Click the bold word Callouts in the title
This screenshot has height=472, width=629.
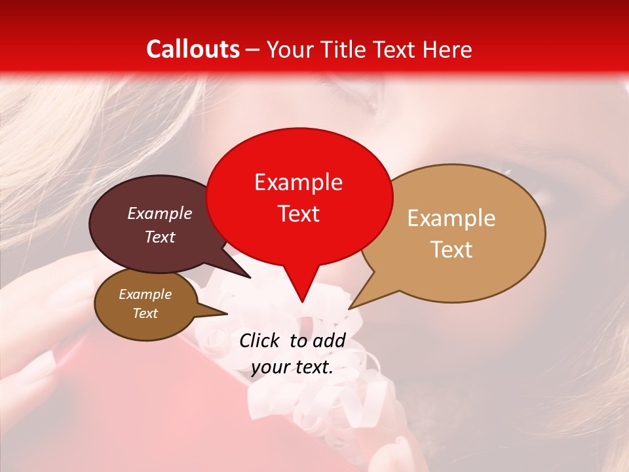193,49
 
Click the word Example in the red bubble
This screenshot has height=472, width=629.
298,182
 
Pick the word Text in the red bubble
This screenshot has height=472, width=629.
298,214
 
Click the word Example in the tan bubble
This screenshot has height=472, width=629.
451,218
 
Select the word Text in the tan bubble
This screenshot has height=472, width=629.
451,250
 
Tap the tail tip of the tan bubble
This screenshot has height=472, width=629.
350,308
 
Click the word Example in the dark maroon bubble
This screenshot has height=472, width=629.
160,214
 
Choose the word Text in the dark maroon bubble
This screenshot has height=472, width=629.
160,237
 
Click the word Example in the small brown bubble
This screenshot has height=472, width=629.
145,294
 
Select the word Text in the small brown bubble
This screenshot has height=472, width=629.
145,313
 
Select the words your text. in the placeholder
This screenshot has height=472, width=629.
292,367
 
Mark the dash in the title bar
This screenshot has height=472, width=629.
254,50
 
